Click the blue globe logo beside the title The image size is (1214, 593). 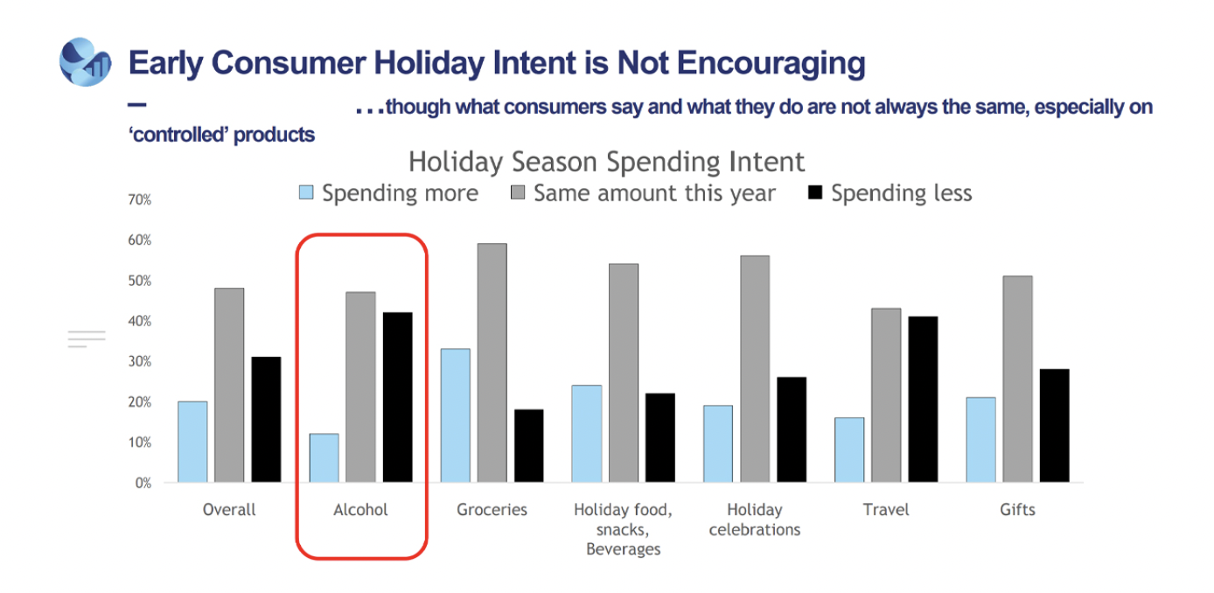click(85, 62)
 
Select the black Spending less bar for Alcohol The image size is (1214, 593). click(397, 397)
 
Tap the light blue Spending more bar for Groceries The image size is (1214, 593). click(455, 415)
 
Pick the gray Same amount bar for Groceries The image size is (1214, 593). click(492, 363)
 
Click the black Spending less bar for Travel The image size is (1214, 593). click(923, 400)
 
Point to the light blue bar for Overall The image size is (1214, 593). click(192, 442)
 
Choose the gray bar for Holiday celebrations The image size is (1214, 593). click(755, 369)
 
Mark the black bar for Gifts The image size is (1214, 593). click(1055, 425)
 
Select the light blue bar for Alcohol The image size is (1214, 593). click(324, 458)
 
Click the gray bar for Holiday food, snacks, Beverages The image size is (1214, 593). click(624, 373)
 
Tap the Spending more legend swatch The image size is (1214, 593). click(306, 192)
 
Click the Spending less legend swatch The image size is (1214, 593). click(815, 192)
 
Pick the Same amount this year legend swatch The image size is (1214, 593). click(518, 192)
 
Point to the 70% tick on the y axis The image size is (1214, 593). click(140, 199)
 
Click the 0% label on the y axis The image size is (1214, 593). click(143, 483)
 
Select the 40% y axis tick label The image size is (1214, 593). click(140, 321)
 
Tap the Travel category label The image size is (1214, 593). click(886, 510)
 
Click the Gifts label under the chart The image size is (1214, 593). click(1017, 510)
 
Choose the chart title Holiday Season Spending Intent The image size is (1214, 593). click(606, 162)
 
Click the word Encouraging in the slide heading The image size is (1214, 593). click(771, 64)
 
